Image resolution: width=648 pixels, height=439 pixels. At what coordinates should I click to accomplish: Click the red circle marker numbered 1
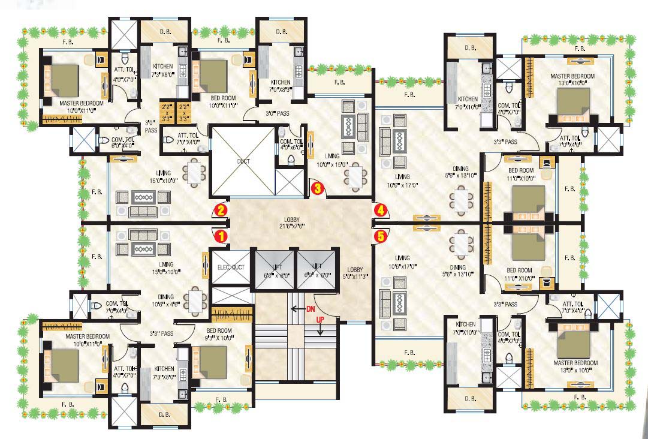pyautogui.click(x=221, y=236)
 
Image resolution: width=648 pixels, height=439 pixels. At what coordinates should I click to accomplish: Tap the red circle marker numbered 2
pyautogui.click(x=221, y=210)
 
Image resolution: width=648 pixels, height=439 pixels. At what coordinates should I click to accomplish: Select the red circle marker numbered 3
pyautogui.click(x=318, y=188)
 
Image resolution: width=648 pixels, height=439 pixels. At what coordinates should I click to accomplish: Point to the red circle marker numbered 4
pyautogui.click(x=380, y=210)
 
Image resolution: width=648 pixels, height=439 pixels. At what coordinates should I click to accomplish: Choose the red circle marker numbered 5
pyautogui.click(x=380, y=236)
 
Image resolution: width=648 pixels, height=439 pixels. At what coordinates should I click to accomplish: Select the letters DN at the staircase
pyautogui.click(x=311, y=308)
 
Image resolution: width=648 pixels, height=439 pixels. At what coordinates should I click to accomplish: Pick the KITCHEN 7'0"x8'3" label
pyautogui.click(x=281, y=86)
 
